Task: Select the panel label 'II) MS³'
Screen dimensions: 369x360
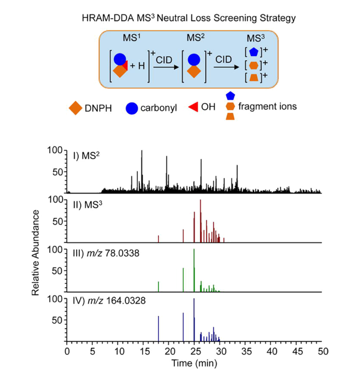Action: (x=91, y=201)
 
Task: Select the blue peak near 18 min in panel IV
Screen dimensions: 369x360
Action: (x=158, y=329)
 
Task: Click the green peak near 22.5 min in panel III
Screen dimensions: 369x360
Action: (x=183, y=280)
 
